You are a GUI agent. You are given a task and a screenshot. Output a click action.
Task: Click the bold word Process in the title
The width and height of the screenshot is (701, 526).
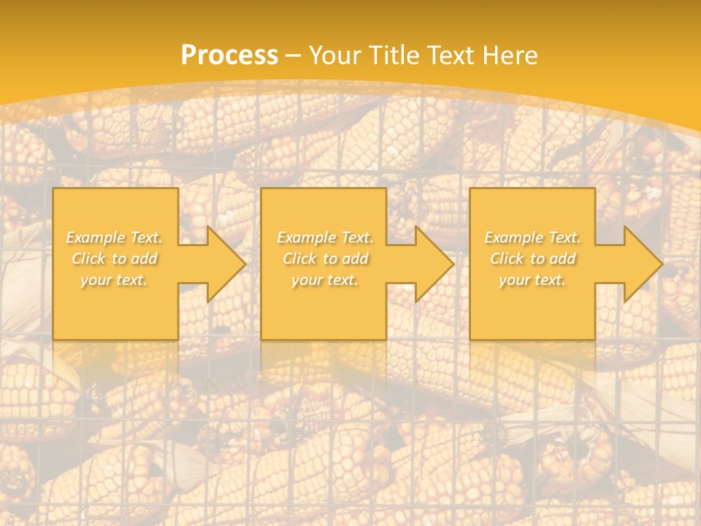coord(229,56)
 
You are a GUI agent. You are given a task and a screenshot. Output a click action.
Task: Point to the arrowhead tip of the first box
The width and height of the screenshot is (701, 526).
coord(245,264)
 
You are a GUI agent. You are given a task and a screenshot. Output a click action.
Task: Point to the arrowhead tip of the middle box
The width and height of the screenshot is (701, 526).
coord(453,264)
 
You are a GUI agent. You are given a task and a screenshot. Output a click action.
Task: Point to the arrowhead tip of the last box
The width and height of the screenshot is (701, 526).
coord(662,264)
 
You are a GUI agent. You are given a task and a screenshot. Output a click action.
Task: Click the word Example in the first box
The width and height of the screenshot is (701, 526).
coord(96,237)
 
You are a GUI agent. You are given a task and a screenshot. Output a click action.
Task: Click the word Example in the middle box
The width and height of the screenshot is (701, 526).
coord(306,237)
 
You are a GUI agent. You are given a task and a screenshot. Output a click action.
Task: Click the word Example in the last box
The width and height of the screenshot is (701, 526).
coord(513,237)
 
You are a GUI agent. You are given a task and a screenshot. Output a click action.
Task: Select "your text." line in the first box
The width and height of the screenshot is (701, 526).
coord(114,280)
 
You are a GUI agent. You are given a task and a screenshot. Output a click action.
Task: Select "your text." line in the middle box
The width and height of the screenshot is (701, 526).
coord(324,280)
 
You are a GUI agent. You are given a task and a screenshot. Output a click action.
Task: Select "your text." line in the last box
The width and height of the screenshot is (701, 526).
coord(532,280)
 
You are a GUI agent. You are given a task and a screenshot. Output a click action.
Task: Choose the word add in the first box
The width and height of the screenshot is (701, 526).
coord(145,259)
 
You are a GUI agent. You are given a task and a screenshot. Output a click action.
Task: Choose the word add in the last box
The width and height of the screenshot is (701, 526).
coord(563,259)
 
